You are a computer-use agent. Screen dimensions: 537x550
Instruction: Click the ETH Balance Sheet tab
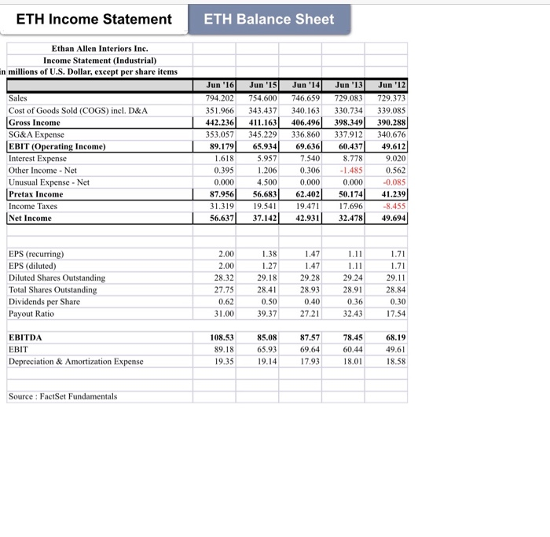pos(269,19)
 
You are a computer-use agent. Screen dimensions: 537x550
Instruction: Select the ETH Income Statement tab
pos(94,19)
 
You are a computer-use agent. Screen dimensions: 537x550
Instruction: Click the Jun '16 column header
pos(218,85)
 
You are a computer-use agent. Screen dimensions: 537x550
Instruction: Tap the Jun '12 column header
pos(392,85)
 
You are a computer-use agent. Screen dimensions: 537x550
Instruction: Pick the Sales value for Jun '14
pos(306,98)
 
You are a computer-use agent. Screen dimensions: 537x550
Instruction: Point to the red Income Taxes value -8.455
pos(393,206)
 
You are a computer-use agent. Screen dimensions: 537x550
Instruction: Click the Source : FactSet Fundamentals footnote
pos(63,396)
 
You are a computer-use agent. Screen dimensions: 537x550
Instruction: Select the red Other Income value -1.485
pos(350,171)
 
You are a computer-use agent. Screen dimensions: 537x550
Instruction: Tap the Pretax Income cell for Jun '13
pos(348,194)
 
